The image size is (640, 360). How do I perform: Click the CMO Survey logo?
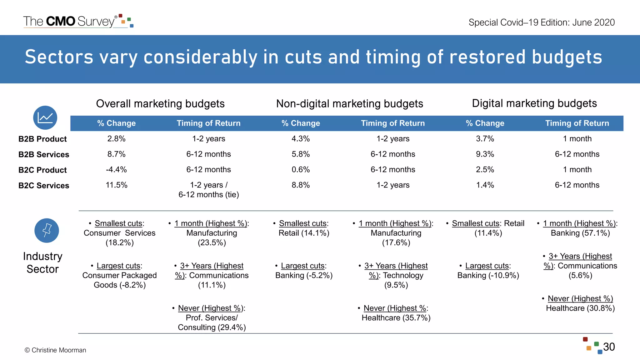pos(78,21)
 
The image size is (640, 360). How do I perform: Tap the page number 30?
pos(609,347)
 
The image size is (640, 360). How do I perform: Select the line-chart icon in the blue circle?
pos(45,118)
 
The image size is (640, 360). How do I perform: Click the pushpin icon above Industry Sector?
pos(47,231)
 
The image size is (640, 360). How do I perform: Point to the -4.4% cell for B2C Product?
pos(116,170)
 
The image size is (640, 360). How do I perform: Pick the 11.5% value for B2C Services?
pos(116,185)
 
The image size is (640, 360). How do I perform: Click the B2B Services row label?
pos(43,154)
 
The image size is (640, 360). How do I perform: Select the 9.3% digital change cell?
pos(485,154)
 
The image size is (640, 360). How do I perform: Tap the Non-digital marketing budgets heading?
pos(349,104)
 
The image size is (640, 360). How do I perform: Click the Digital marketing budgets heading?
pos(534,103)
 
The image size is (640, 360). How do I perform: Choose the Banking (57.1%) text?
pos(580,233)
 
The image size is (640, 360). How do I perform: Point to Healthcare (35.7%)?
pos(396,318)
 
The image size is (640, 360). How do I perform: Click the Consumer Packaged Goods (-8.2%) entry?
pos(119,280)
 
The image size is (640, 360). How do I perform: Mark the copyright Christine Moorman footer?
pos(55,350)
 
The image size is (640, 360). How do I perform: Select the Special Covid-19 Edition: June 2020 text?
pos(541,22)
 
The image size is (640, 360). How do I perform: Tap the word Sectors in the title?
pos(59,57)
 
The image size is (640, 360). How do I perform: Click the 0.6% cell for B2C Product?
pos(300,170)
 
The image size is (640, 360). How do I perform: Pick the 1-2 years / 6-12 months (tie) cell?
pos(208,190)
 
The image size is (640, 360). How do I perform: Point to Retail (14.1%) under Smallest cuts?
pos(304,233)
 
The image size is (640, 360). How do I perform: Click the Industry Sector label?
pos(42,262)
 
